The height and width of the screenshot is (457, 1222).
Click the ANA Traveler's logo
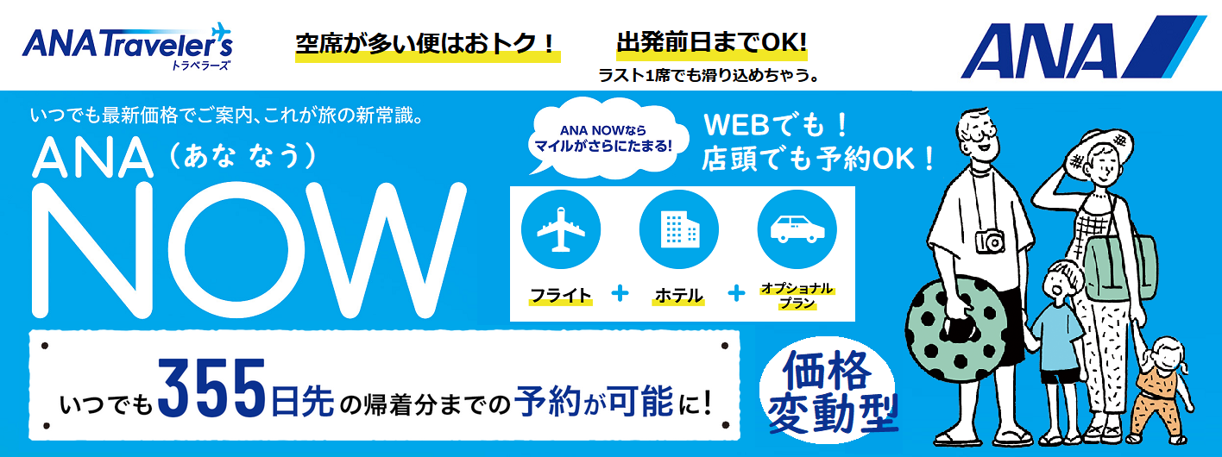[x=127, y=46]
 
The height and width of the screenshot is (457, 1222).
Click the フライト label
[x=561, y=295]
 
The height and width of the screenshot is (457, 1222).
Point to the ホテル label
[x=678, y=295]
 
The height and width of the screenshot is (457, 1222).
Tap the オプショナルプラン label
[x=796, y=294]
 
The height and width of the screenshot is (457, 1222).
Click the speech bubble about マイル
[x=603, y=138]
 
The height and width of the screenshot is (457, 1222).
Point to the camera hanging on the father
[x=991, y=241]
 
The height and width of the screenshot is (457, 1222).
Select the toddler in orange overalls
[x=1162, y=388]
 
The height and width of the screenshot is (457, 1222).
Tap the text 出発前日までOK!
[x=711, y=41]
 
